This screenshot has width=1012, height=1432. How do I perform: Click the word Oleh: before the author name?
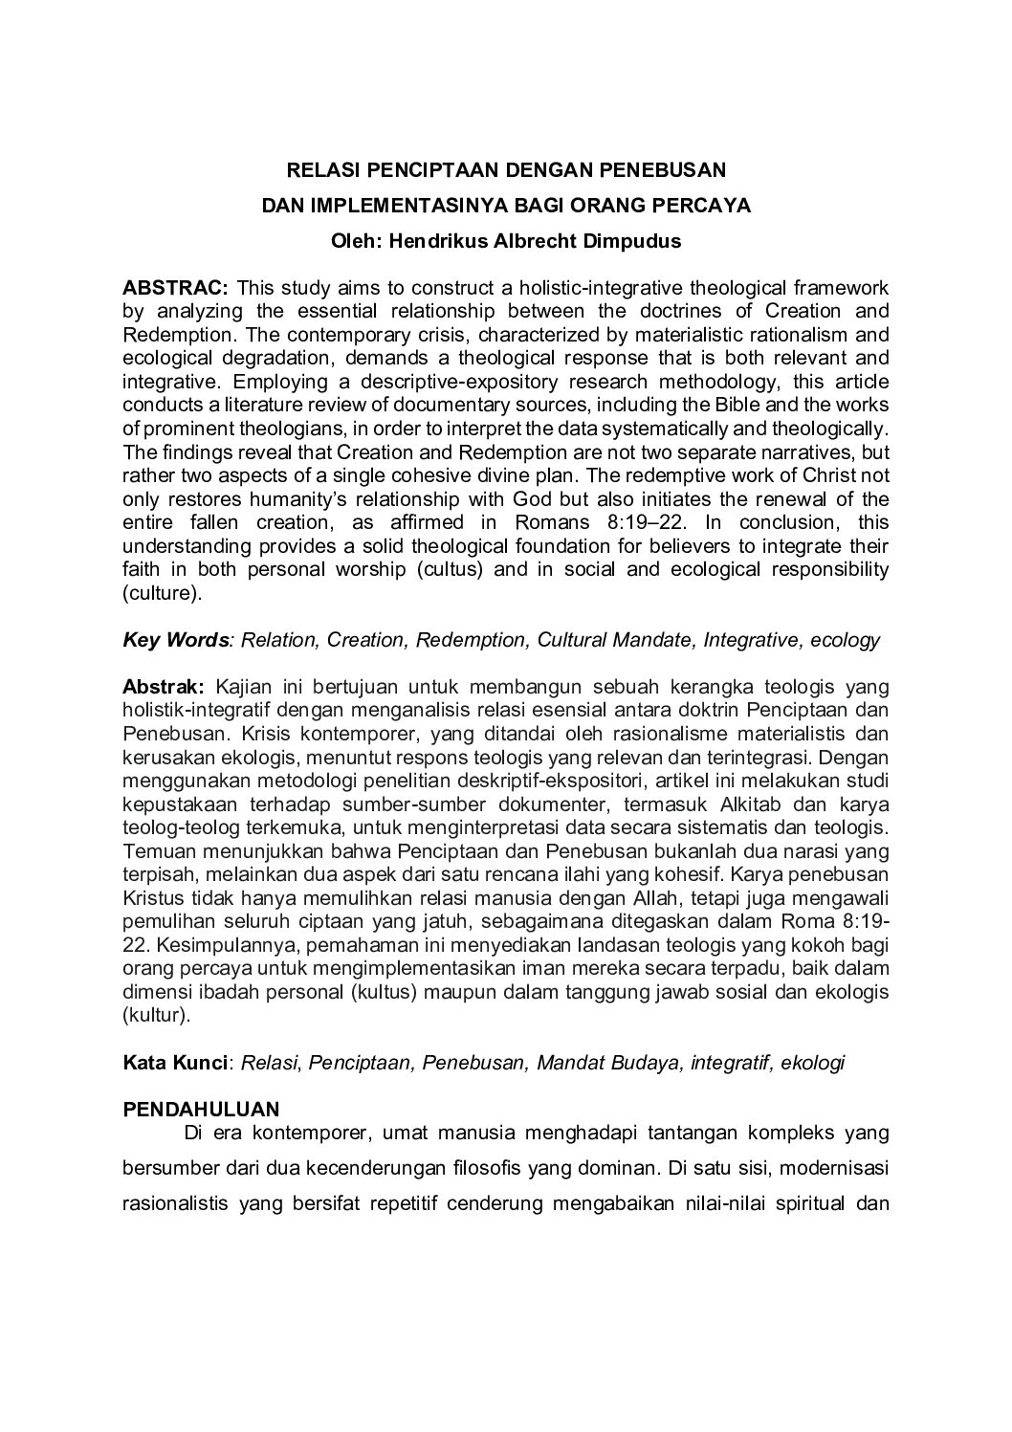(356, 241)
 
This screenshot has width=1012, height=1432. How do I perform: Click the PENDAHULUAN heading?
(201, 1110)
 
